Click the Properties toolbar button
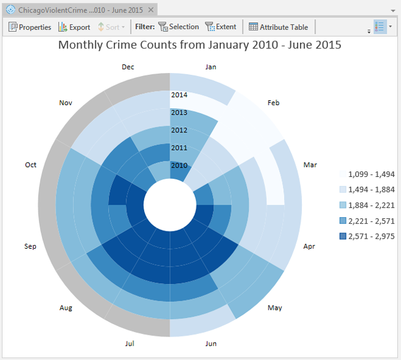pos(30,27)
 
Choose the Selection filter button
pos(179,27)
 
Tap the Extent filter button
pos(221,27)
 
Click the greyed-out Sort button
pos(111,27)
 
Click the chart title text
pos(200,45)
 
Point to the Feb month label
pos(273,103)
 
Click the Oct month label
pos(31,165)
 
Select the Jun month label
pos(210,343)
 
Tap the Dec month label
pos(128,67)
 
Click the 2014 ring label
pos(179,95)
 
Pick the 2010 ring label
pos(179,165)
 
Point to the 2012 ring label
pos(179,131)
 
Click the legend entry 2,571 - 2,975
pos(371,236)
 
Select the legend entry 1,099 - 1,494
pos(371,174)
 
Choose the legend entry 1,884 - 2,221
pos(371,205)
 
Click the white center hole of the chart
pos(170,205)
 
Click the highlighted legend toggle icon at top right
pos(380,27)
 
